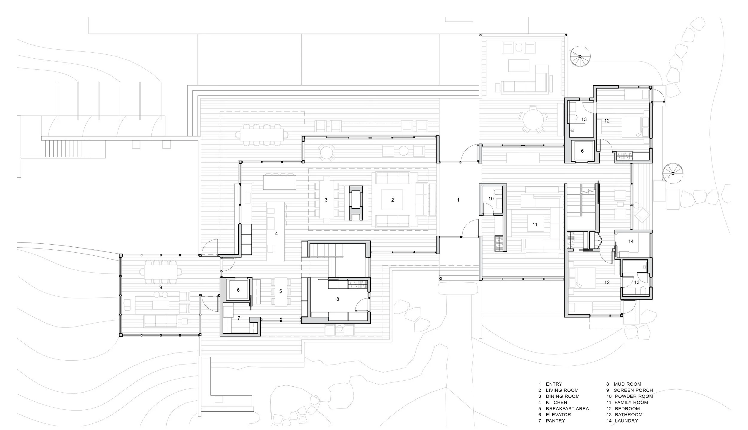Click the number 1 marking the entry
tap(458, 200)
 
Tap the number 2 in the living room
tap(393, 200)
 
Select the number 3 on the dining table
tap(326, 200)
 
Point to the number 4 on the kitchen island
tap(276, 234)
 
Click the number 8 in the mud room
tap(338, 299)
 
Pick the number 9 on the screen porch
tap(161, 287)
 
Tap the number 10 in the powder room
tap(491, 199)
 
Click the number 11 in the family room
tap(535, 225)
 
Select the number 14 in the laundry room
tap(631, 241)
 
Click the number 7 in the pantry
tap(239, 318)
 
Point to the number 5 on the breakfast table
tap(281, 291)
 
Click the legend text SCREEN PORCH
tap(633, 390)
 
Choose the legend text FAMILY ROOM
tap(631, 402)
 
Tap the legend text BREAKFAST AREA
tap(567, 408)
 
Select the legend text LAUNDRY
tap(627, 421)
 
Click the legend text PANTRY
tap(555, 421)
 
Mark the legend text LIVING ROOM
tap(562, 390)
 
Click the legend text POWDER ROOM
tap(634, 396)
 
